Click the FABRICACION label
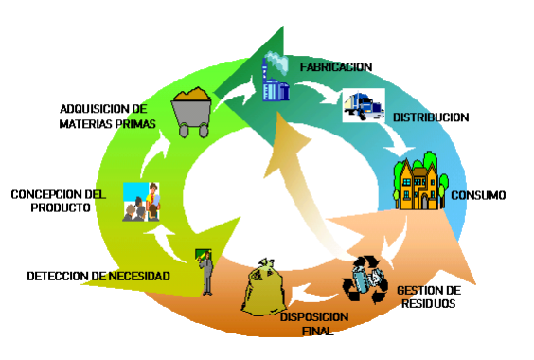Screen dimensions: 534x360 point(336,67)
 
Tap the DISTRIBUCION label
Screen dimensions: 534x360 point(431,117)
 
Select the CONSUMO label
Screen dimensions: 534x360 point(478,195)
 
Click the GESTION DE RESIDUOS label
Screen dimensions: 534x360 point(429,297)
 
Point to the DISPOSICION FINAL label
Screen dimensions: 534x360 point(314,324)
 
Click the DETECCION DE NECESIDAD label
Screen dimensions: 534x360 point(98,276)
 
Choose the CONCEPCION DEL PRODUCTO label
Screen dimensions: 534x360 point(59,201)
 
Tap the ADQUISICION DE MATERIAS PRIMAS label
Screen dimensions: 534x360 point(107,117)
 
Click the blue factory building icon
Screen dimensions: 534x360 point(276,83)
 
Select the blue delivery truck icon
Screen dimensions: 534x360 point(364,105)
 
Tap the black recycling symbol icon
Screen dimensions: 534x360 point(365,279)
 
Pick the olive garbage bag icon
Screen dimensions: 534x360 point(262,287)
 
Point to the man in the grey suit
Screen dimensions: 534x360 point(206,274)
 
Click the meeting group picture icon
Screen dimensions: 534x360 point(141,202)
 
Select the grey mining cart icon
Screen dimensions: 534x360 point(191,112)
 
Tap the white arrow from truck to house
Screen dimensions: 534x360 point(397,138)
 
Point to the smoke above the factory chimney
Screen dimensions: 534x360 point(277,63)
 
